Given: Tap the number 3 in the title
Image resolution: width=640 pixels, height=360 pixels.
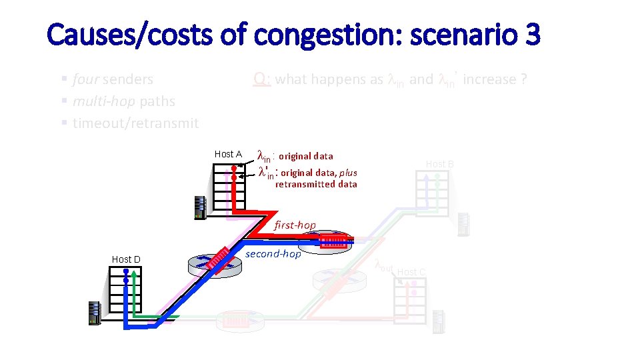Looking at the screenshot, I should tap(532, 35).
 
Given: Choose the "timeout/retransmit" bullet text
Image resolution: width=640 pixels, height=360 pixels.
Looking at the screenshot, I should tap(136, 123).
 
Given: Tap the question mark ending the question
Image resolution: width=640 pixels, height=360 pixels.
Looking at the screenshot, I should tap(525, 79).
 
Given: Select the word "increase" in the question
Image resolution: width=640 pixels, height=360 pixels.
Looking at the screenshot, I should tap(489, 79).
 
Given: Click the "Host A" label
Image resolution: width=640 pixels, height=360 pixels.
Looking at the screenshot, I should tap(228, 154).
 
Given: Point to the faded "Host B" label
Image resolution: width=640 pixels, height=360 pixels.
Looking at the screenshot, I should tap(439, 164).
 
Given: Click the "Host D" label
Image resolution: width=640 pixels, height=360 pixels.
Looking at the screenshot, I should tap(126, 259).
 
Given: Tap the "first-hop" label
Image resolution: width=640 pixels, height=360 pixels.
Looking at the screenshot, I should tap(295, 225).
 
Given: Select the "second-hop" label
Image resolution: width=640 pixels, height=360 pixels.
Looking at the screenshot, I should tap(273, 253).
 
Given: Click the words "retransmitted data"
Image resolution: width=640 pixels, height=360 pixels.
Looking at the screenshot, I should tap(316, 185).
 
